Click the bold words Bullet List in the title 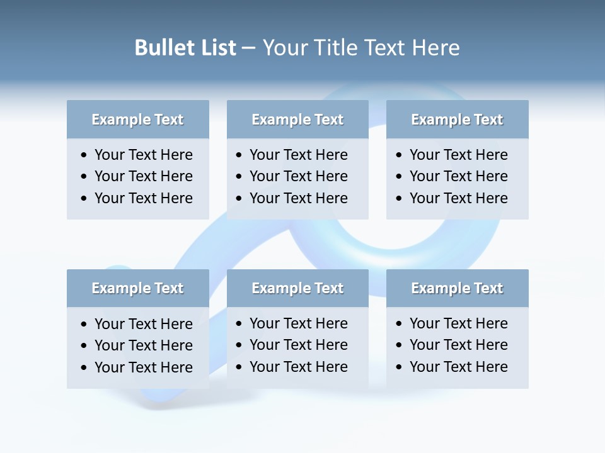[185, 48]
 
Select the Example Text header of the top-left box [137, 120]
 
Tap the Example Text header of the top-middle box [297, 120]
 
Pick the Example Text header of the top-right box [457, 120]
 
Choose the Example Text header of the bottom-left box [137, 288]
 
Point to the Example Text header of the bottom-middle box [297, 288]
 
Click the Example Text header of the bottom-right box [457, 288]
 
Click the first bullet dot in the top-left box [84, 155]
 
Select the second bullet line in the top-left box [143, 176]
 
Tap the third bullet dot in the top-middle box [239, 199]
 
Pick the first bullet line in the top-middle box [298, 155]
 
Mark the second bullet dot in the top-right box [400, 177]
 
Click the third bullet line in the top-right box [458, 198]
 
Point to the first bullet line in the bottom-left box [143, 324]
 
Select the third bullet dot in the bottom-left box [84, 368]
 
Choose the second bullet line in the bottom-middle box [298, 345]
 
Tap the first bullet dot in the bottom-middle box [239, 324]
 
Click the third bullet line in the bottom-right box [458, 367]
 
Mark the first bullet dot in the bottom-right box [400, 324]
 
